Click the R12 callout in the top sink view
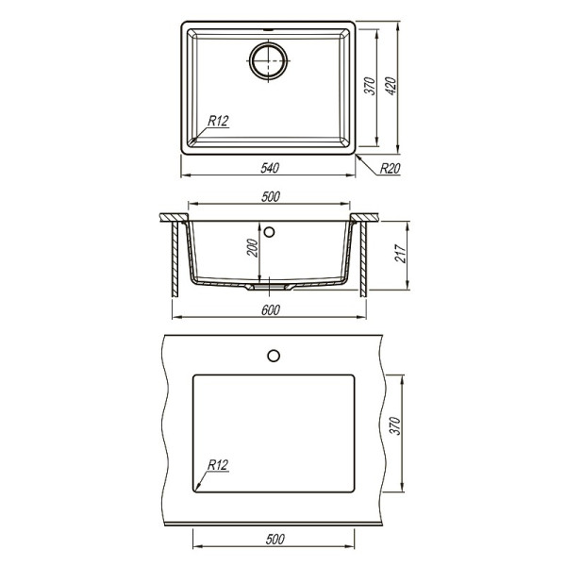219,120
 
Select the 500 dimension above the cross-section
271,196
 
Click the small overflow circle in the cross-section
271,229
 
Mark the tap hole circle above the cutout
274,355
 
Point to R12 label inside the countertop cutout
219,464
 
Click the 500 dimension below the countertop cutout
275,540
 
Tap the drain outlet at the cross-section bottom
269,284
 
